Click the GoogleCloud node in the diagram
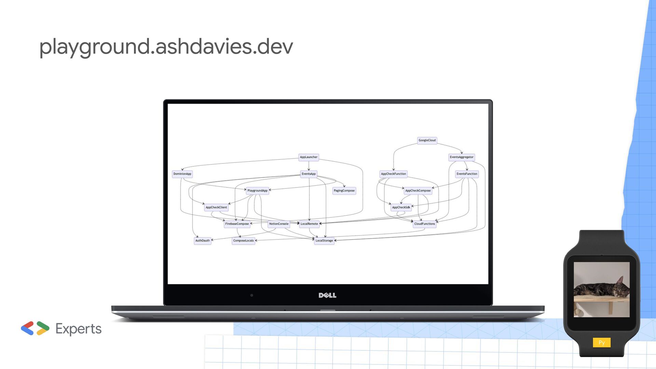coord(427,140)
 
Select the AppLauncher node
coord(309,157)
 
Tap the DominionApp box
coord(182,174)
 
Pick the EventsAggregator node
coord(461,157)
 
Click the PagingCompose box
coord(344,191)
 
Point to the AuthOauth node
coord(202,241)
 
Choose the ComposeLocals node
coord(243,241)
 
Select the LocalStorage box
coord(324,241)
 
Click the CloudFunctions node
coord(424,224)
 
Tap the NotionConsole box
coord(278,224)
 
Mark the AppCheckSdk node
coord(401,207)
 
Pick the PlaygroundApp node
coord(257,191)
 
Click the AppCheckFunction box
coord(393,174)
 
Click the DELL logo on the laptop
coord(327,295)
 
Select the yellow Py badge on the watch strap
coord(602,343)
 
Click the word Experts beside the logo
coord(78,329)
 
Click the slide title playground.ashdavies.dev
coord(166,46)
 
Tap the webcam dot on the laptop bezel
coord(252,295)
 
